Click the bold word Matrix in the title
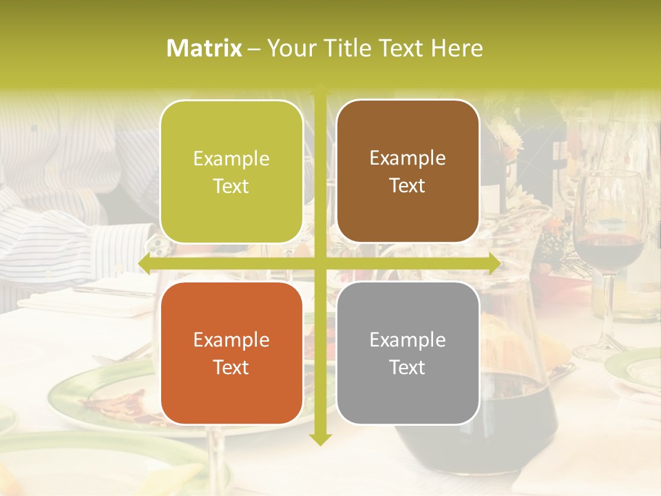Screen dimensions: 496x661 [x=204, y=48]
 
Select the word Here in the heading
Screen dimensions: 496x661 [x=457, y=48]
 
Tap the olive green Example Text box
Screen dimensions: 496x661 [x=231, y=172]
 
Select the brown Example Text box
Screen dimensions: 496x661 [x=408, y=172]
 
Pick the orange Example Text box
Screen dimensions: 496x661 [x=231, y=353]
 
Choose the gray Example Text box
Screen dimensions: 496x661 [x=408, y=353]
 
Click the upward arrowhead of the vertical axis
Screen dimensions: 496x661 [x=319, y=91]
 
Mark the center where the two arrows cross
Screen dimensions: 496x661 [x=319, y=263]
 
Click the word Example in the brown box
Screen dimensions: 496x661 [x=408, y=158]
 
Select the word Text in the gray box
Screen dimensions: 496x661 [x=408, y=367]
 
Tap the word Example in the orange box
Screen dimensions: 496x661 [x=231, y=340]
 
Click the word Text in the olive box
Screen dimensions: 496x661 [x=231, y=186]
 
